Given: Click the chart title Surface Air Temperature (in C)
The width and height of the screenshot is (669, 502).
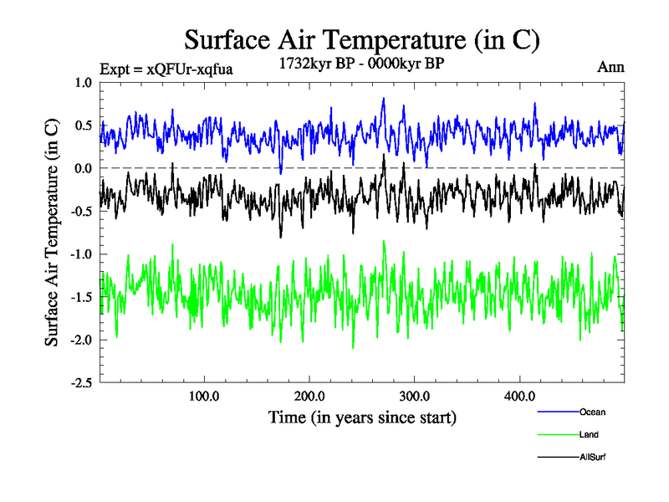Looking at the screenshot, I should coord(362,39).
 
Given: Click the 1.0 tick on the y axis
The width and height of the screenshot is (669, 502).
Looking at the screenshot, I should coord(82,82).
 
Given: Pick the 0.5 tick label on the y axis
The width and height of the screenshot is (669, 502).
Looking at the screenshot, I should coord(82,125).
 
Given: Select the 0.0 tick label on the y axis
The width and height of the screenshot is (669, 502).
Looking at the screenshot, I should coord(82,168).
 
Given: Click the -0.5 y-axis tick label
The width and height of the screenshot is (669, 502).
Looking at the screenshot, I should coord(80,211).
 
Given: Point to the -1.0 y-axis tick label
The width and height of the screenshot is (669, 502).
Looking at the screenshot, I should coord(80,254).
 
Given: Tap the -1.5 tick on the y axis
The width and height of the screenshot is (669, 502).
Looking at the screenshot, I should coord(80,297).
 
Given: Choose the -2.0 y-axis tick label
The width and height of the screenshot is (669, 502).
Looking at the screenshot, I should coord(80,340).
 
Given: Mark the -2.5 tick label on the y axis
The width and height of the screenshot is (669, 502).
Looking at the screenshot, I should coord(80,382).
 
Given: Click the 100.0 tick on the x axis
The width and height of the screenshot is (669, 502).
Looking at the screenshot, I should coord(204,396).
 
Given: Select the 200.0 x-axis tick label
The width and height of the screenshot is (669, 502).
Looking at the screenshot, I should coord(309,396).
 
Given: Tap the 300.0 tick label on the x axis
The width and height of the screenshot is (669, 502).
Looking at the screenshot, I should coord(415,396).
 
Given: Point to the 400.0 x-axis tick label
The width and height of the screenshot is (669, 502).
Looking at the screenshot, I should coord(520,396).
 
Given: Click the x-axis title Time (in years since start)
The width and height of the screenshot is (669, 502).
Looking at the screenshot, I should coord(362,417).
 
